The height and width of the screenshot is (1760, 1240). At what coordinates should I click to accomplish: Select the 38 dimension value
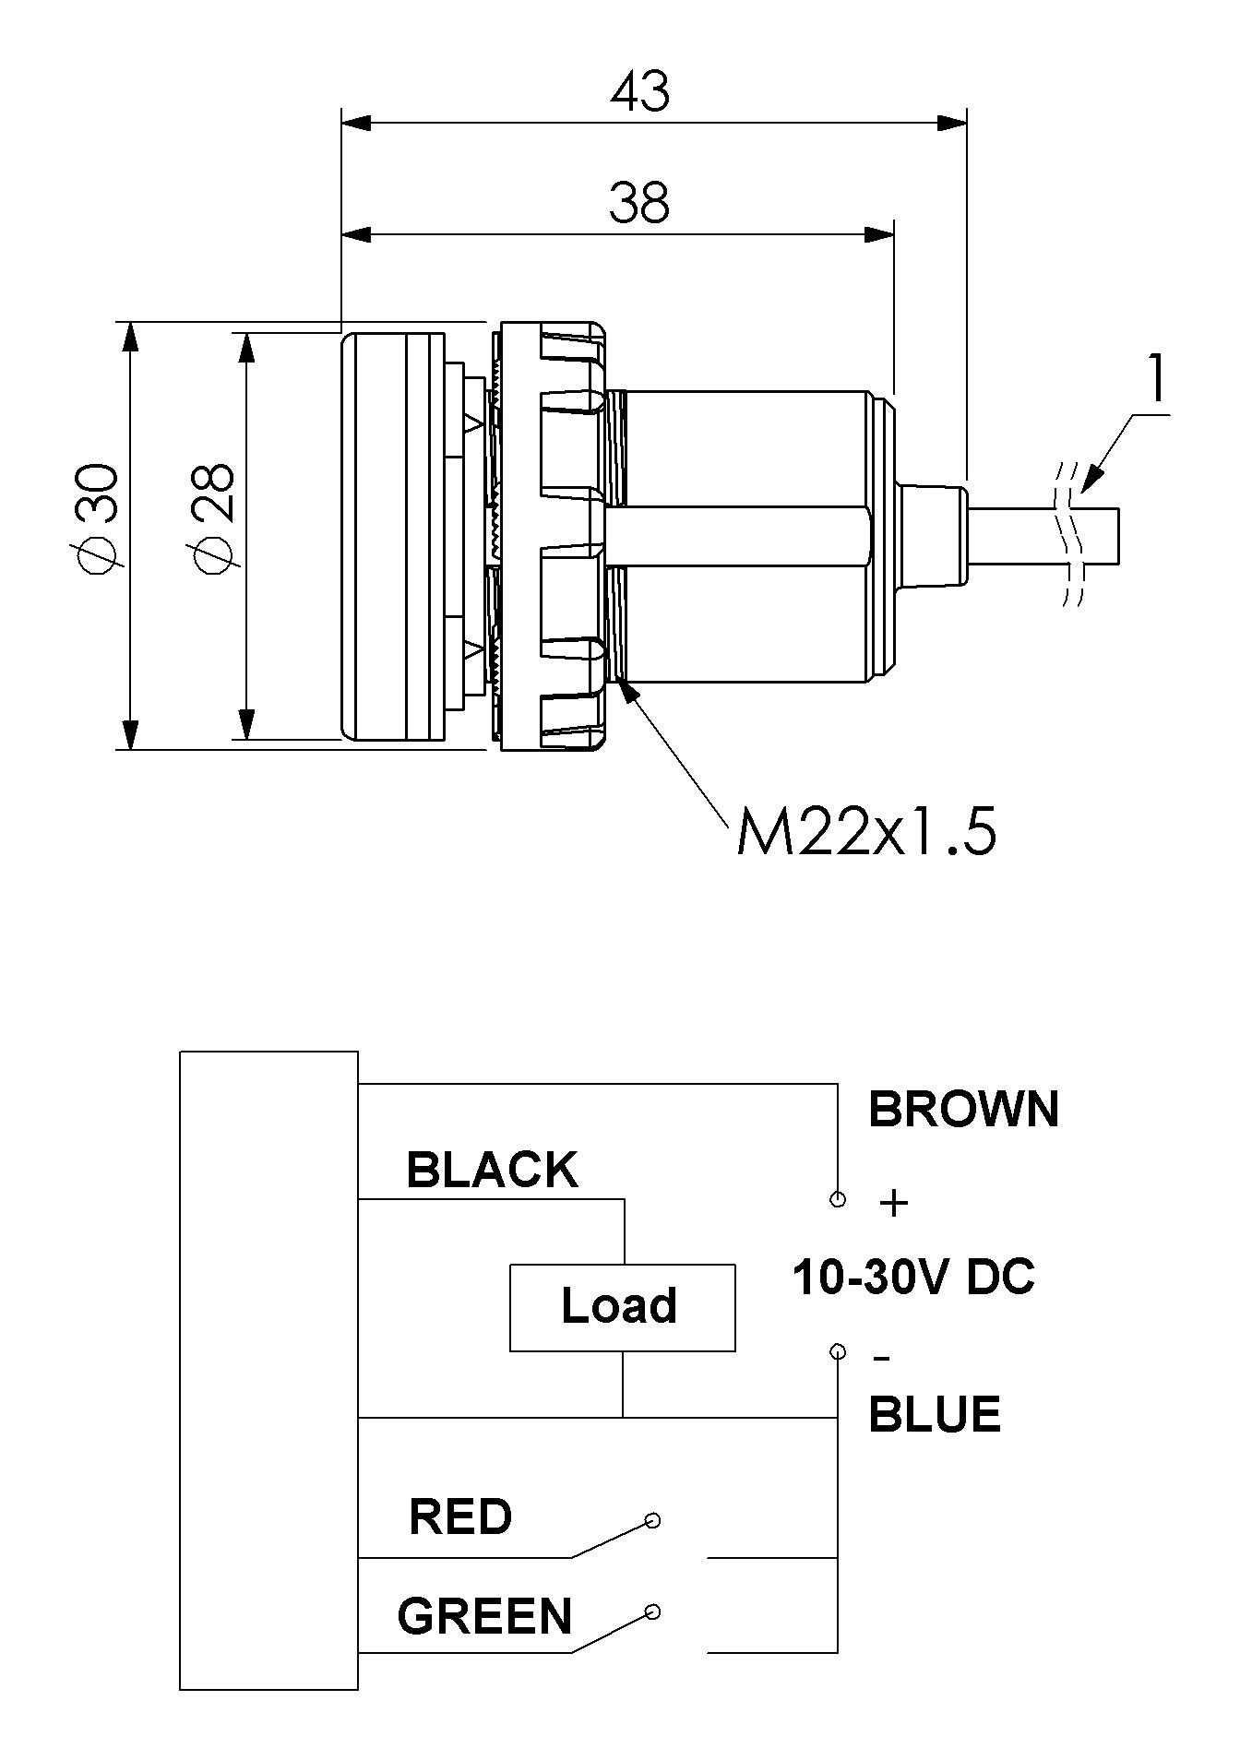(639, 203)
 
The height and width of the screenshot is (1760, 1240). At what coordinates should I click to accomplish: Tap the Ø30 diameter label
(98, 519)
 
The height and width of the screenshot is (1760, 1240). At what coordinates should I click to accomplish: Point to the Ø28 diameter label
(215, 519)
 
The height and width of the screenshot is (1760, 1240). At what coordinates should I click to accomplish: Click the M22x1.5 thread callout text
(866, 833)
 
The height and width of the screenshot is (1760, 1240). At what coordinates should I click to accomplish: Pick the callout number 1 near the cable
(1155, 379)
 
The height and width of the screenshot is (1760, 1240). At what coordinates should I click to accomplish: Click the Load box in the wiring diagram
(623, 1307)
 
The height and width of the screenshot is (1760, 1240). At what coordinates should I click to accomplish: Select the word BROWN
(963, 1109)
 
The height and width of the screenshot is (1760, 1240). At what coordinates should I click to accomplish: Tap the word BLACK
(492, 1170)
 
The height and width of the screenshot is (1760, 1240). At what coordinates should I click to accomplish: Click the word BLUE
(935, 1414)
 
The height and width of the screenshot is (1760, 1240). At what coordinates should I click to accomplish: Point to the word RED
(460, 1516)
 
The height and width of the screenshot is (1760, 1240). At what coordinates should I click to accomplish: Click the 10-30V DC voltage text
(913, 1278)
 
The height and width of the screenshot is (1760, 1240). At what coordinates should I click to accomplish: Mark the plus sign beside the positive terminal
(894, 1203)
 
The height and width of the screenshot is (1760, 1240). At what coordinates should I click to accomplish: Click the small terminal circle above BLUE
(838, 1352)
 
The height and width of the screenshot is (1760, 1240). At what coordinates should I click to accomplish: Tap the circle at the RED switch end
(652, 1520)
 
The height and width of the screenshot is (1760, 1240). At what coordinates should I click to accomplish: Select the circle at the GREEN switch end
(652, 1612)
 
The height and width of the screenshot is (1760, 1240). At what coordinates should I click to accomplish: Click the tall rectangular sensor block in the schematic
(268, 1371)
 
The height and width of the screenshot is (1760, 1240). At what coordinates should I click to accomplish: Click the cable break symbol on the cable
(1070, 533)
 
